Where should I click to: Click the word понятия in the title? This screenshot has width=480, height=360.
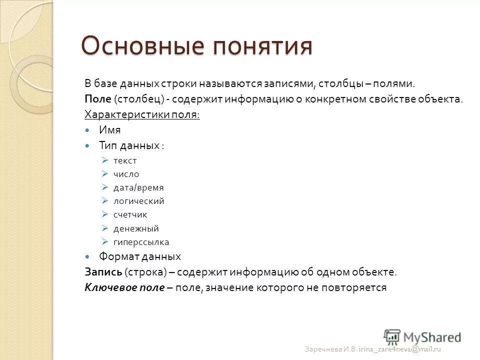pyautogui.click(x=264, y=46)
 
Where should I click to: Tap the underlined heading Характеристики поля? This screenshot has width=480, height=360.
pyautogui.click(x=142, y=114)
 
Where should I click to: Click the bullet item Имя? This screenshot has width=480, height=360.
pyautogui.click(x=109, y=130)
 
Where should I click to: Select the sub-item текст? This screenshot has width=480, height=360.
pyautogui.click(x=125, y=160)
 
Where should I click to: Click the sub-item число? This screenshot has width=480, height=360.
pyautogui.click(x=126, y=174)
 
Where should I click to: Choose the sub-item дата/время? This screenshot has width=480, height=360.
pyautogui.click(x=138, y=188)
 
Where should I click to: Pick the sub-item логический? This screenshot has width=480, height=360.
pyautogui.click(x=138, y=201)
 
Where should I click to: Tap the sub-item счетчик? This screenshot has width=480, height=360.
pyautogui.click(x=130, y=215)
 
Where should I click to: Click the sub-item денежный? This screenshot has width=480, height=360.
pyautogui.click(x=136, y=228)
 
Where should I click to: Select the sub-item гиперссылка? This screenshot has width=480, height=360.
pyautogui.click(x=141, y=242)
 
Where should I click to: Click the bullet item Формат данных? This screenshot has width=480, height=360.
pyautogui.click(x=139, y=256)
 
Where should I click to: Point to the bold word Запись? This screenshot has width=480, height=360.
pyautogui.click(x=102, y=272)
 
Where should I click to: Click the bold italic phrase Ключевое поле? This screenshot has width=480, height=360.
pyautogui.click(x=124, y=287)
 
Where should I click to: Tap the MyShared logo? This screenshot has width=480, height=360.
pyautogui.click(x=422, y=336)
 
